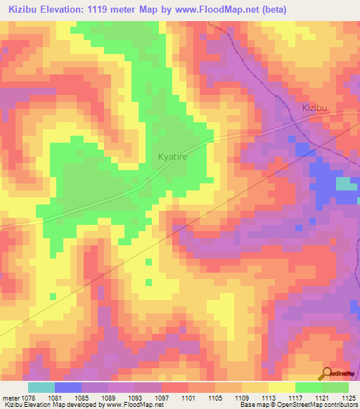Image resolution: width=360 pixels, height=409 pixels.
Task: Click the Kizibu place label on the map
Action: click(x=315, y=108)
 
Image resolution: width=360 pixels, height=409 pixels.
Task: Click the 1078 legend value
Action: click(x=28, y=398)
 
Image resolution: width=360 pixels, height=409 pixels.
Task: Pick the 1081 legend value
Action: click(x=55, y=398)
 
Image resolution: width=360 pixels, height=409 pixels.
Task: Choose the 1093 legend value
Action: click(x=135, y=398)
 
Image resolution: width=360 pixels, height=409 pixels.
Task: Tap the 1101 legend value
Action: click(x=188, y=398)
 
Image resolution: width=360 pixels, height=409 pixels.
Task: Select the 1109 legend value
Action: click(x=242, y=398)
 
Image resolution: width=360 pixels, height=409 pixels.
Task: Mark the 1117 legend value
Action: click(x=295, y=398)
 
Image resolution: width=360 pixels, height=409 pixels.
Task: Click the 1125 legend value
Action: click(x=348, y=398)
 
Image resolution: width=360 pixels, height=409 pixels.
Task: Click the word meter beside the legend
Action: click(x=9, y=398)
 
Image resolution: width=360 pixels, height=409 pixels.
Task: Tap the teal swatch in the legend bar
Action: click(x=41, y=387)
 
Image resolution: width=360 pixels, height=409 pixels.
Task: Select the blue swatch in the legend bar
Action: click(x=68, y=387)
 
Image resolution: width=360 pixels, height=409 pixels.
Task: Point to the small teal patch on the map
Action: click(x=345, y=184)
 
